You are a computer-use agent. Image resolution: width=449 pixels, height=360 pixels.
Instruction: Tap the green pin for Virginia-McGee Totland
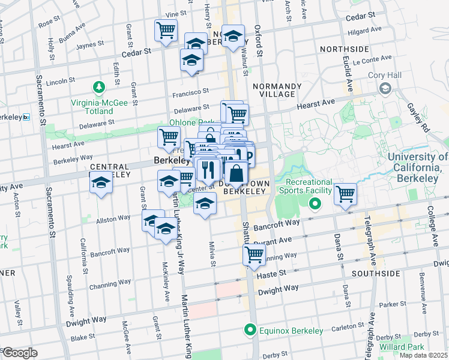98,88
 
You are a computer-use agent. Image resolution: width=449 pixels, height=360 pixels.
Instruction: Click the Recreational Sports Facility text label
309,186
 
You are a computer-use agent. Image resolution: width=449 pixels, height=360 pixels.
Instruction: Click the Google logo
20,352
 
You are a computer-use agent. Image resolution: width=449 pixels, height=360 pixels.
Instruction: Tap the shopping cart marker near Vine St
166,30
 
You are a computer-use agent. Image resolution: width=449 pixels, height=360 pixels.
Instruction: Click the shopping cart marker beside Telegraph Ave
345,194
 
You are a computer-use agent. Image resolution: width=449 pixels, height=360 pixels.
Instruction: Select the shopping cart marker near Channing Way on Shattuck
255,254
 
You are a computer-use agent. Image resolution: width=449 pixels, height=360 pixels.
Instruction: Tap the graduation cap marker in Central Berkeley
101,183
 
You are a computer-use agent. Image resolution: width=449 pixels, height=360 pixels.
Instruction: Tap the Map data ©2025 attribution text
423,355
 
